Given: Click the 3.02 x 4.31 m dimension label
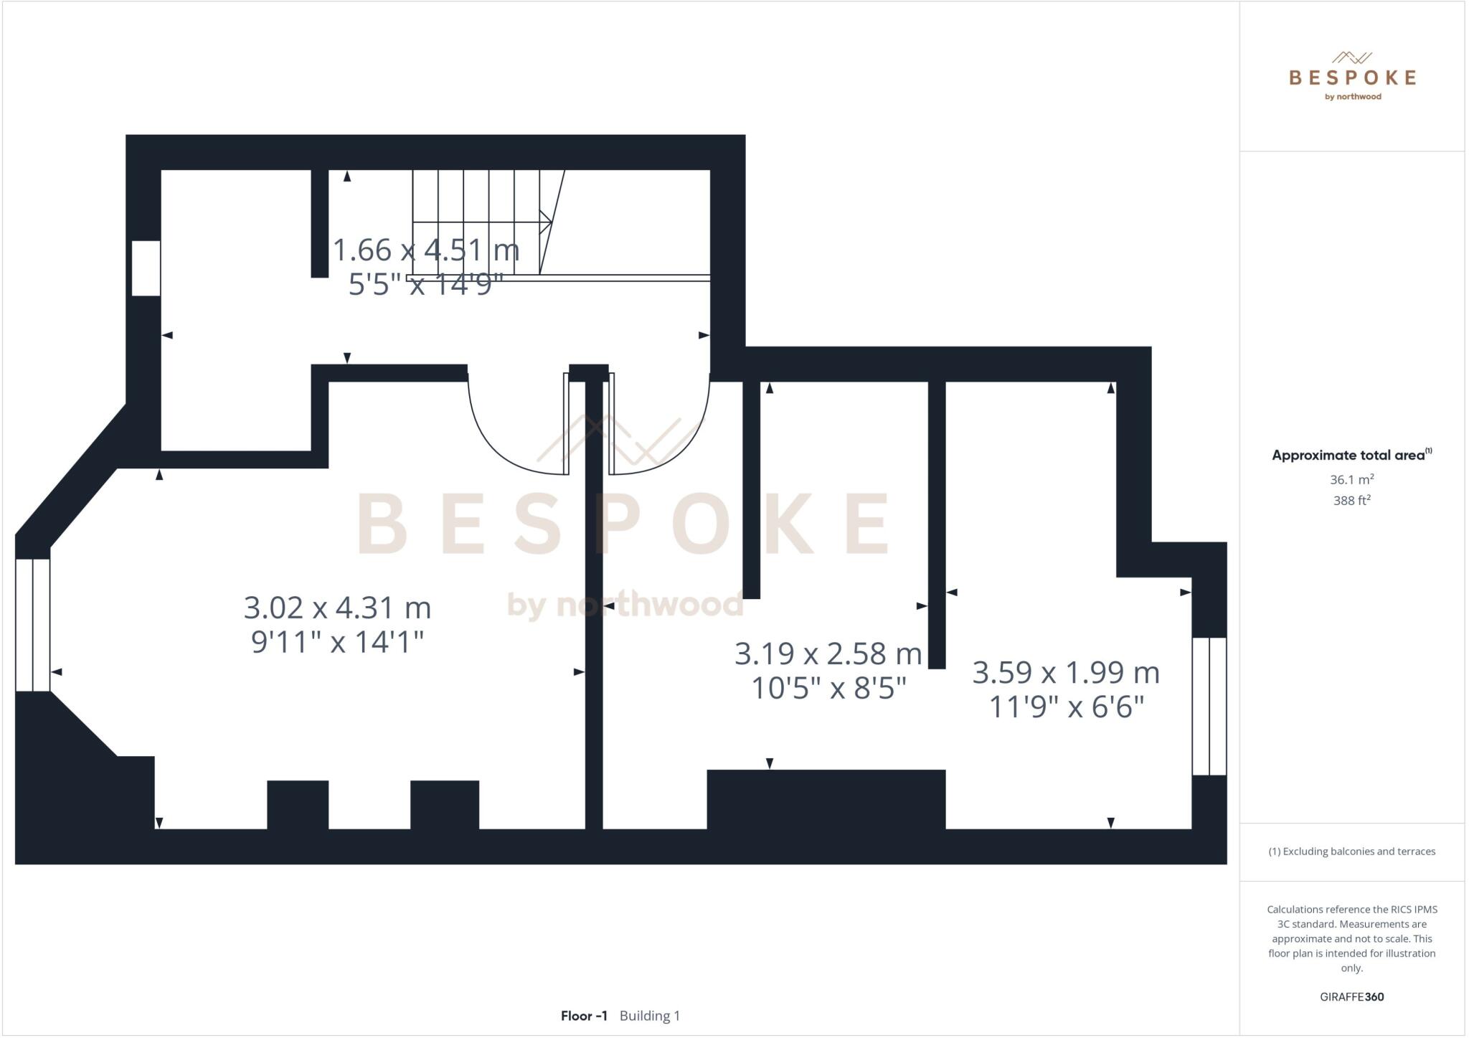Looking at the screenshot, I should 337,608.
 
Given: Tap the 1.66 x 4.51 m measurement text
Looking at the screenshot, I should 426,250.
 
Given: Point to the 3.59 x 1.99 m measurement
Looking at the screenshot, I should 1066,673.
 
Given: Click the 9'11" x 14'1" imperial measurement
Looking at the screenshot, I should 337,642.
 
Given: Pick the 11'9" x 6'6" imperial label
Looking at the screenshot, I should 1066,707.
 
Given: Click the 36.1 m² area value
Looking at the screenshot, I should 1351,479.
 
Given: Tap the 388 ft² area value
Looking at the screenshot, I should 1351,501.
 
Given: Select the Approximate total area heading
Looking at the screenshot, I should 1351,455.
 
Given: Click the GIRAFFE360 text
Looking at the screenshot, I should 1351,996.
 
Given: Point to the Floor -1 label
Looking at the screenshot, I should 584,1016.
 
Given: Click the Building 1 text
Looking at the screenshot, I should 650,1016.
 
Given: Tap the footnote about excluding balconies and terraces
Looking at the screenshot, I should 1351,851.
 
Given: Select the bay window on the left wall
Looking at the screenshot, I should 33,625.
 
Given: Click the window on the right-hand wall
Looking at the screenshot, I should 1209,706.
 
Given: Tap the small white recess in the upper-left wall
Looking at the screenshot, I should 146,268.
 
